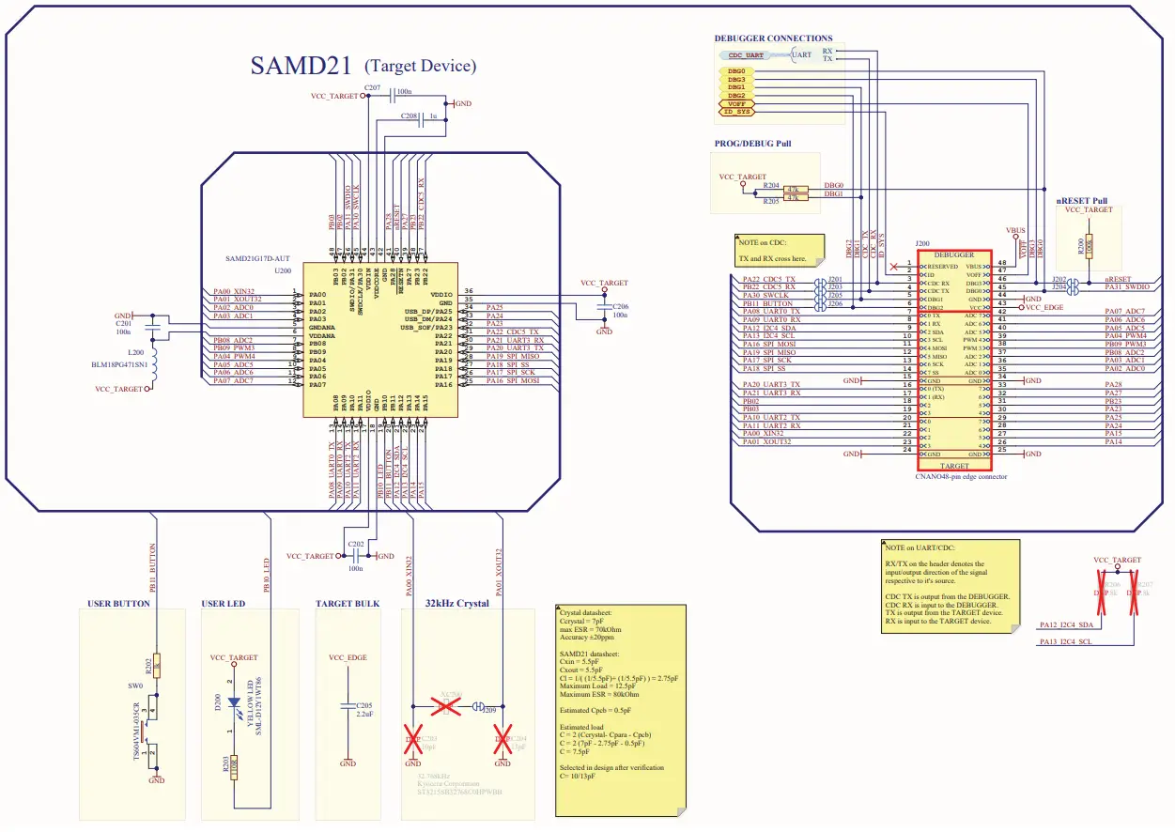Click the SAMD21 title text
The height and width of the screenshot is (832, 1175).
point(301,66)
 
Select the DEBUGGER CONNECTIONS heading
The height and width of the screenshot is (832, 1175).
point(773,39)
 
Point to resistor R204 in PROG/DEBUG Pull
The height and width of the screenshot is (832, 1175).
point(796,189)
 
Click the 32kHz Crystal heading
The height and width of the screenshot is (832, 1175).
point(456,603)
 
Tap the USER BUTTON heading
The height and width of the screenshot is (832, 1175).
point(118,603)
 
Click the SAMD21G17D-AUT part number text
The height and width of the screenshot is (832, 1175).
point(259,257)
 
